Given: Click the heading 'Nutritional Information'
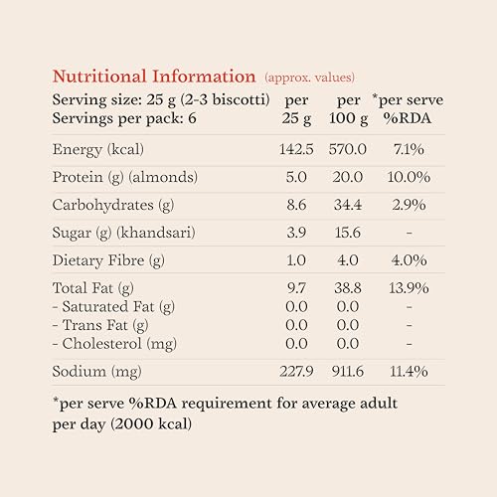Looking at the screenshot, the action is [154, 77].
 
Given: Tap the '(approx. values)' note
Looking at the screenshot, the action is [310, 78].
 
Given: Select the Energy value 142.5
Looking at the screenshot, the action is [296, 149].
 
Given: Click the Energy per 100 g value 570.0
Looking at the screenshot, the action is [348, 149].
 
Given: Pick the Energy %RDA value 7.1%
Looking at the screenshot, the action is [409, 149].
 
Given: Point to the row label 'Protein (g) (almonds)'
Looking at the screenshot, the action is [125, 177].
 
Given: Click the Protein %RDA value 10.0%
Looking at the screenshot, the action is [409, 177].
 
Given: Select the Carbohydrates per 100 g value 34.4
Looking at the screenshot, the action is [348, 205].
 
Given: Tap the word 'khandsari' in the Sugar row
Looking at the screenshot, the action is [156, 233].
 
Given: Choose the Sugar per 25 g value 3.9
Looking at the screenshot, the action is [296, 233].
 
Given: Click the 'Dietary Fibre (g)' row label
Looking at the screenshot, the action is [108, 260].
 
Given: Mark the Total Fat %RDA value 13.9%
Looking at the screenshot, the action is [409, 288].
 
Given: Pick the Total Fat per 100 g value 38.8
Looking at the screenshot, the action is [348, 288].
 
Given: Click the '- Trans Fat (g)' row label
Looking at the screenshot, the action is [100, 325].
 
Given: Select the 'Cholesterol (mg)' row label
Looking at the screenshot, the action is [119, 344].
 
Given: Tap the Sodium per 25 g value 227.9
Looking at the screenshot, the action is [296, 372].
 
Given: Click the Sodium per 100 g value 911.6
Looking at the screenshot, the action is [348, 372].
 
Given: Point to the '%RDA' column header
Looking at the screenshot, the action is [408, 118].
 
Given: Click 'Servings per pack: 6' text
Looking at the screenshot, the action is [124, 119].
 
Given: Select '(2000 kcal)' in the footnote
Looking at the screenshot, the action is [151, 424].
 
